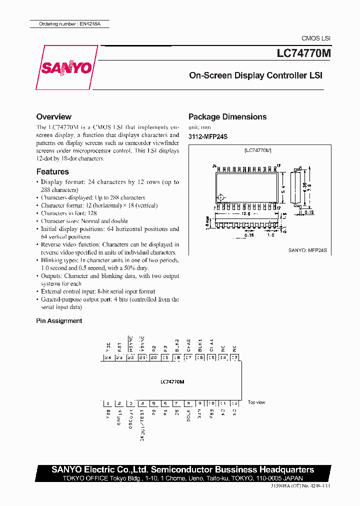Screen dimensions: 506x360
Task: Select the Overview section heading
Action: click(54, 116)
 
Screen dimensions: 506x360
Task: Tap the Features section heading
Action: click(52, 171)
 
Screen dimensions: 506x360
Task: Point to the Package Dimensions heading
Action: click(227, 116)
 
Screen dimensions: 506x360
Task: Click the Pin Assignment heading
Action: click(59, 321)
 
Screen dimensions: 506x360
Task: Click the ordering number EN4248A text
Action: click(68, 24)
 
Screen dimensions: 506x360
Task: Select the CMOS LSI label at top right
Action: click(315, 38)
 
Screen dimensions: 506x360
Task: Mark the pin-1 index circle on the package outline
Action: click(222, 196)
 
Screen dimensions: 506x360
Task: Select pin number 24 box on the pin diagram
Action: click(107, 357)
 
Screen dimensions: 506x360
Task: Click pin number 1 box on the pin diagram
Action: click(107, 403)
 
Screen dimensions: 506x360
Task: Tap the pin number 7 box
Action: click(176, 403)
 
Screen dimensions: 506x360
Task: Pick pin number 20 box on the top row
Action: click(153, 357)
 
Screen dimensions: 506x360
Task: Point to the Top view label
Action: click(256, 402)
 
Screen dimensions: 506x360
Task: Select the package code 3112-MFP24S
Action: click(207, 136)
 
